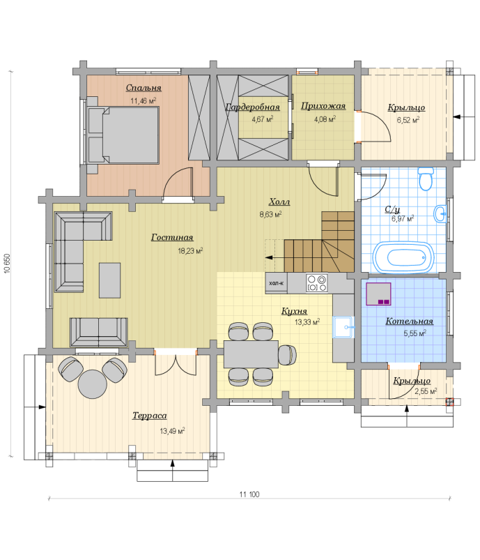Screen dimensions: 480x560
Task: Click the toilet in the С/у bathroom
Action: (x=426, y=179)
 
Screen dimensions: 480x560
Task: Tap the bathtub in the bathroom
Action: (x=403, y=257)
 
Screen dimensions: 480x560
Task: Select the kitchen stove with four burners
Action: (x=316, y=283)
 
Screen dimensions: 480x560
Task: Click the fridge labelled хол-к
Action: (x=276, y=283)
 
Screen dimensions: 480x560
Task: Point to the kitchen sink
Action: (x=343, y=327)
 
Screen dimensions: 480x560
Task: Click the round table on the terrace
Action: (x=92, y=384)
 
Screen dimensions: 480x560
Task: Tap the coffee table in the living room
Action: (x=109, y=280)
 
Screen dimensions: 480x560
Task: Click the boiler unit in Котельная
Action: (x=378, y=294)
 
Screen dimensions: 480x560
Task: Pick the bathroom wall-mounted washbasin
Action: (x=440, y=214)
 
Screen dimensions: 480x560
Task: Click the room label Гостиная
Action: (x=172, y=238)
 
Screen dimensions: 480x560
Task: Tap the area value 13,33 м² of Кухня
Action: (x=307, y=322)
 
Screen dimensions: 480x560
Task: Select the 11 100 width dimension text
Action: (x=249, y=494)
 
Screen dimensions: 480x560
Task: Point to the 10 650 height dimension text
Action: (x=8, y=264)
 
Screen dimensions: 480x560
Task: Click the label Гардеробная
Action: (x=253, y=107)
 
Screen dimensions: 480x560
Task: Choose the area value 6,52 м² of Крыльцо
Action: (x=408, y=120)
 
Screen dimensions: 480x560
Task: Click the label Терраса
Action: (x=150, y=416)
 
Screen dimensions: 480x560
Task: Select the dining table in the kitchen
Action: (x=251, y=354)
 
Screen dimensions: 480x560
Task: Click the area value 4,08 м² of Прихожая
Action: (x=325, y=119)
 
